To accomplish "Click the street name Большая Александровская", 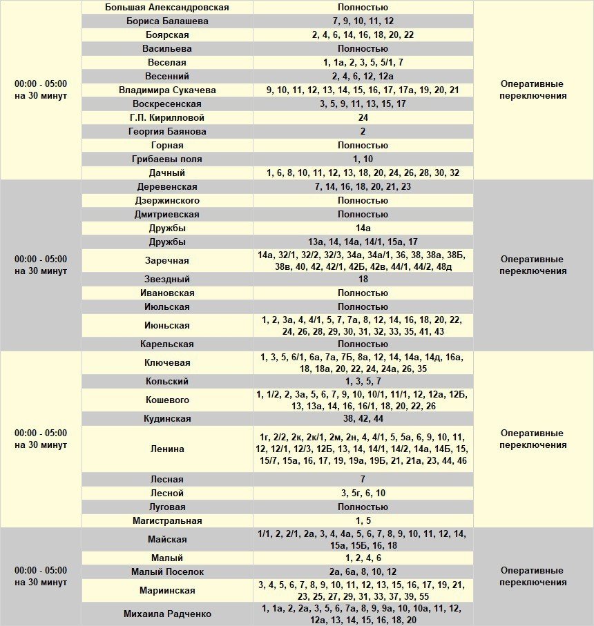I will [167, 8].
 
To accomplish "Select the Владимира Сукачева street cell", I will [167, 90].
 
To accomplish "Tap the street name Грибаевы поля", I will [167, 159].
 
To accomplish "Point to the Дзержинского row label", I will [167, 201].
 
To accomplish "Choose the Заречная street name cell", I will [167, 260].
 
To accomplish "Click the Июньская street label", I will [167, 325].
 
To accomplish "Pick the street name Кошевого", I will [167, 400].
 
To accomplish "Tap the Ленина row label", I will [167, 449].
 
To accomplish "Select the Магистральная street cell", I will [167, 521].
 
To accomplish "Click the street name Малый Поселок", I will [167, 572].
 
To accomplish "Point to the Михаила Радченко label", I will [167, 614].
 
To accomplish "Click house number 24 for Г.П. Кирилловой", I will [363, 118].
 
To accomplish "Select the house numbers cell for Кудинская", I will [363, 419].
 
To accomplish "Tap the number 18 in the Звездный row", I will [363, 280].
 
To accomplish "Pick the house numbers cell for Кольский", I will [363, 382].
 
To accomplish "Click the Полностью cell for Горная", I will [363, 146].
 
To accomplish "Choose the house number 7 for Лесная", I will [363, 479].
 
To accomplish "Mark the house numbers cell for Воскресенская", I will [363, 104].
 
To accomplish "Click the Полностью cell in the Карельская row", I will [363, 344].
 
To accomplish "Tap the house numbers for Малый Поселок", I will [363, 572].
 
